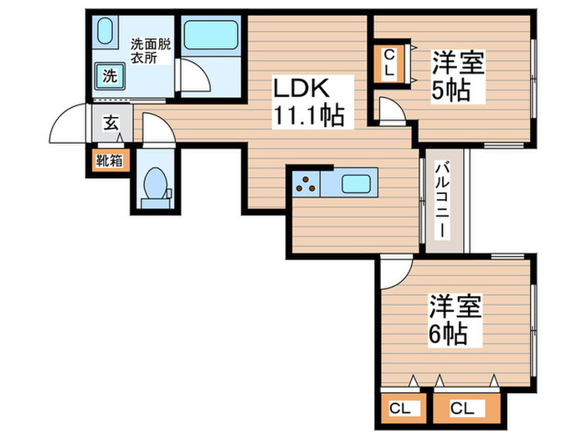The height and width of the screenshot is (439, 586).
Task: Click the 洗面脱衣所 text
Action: click(x=150, y=51)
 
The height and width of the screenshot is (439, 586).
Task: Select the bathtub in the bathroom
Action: click(x=211, y=37)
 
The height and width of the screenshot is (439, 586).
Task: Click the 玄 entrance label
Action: click(x=110, y=125)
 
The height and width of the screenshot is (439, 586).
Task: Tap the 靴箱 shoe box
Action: click(x=109, y=160)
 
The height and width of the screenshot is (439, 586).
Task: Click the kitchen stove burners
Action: click(x=306, y=182)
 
